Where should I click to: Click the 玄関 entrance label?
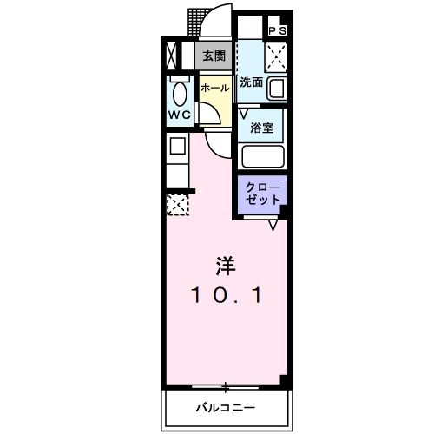pyautogui.click(x=214, y=55)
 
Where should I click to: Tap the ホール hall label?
pyautogui.click(x=214, y=89)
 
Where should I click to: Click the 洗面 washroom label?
pyautogui.click(x=252, y=83)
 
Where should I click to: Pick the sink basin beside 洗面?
pyautogui.click(x=278, y=89)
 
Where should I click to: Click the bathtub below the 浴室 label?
pyautogui.click(x=264, y=156)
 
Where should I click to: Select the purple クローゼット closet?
pyautogui.click(x=262, y=193)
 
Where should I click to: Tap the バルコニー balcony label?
pyautogui.click(x=226, y=406)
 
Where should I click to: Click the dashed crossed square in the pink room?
pyautogui.click(x=177, y=205)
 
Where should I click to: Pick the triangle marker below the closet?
pyautogui.click(x=273, y=225)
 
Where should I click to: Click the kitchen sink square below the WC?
pyautogui.click(x=177, y=145)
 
